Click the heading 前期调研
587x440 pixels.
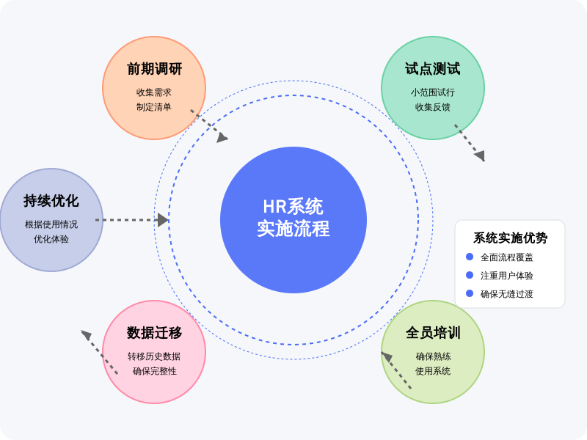coord(154,69)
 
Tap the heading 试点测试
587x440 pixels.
coord(433,69)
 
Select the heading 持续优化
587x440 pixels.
coord(51,201)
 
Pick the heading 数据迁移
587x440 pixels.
coord(154,333)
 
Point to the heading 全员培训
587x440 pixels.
coord(433,333)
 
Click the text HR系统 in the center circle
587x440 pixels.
coord(293,207)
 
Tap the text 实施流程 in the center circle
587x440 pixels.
coord(293,229)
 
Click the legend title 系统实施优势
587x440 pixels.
coord(510,238)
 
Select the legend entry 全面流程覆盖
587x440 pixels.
coord(507,257)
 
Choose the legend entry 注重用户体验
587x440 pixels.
coord(507,276)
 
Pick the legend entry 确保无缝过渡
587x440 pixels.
coord(507,294)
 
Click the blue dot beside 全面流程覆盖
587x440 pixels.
coord(470,257)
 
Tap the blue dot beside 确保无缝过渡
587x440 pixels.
coord(470,293)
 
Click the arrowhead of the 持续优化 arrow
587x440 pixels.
coord(164,220)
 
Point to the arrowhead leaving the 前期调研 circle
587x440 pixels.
coord(222,137)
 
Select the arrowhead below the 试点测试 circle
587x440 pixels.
coord(480,155)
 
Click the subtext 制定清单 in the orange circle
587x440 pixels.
coord(154,107)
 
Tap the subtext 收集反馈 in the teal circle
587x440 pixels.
coord(433,107)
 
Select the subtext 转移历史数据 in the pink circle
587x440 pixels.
coord(154,356)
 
